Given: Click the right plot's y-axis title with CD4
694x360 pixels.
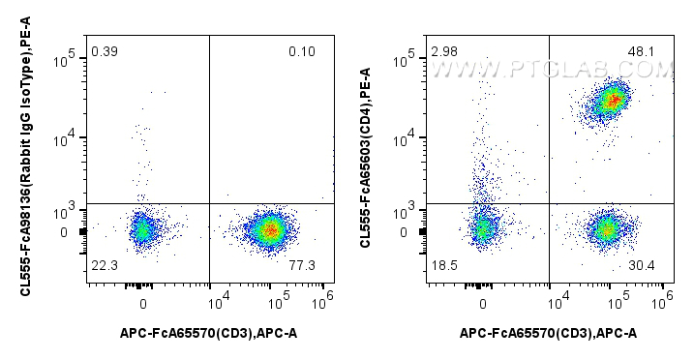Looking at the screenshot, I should [x=365, y=161].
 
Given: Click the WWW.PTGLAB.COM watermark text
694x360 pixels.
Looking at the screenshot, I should [x=552, y=70].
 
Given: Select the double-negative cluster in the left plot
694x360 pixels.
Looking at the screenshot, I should [x=142, y=230].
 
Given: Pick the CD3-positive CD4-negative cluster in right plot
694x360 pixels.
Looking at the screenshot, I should [x=607, y=229].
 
